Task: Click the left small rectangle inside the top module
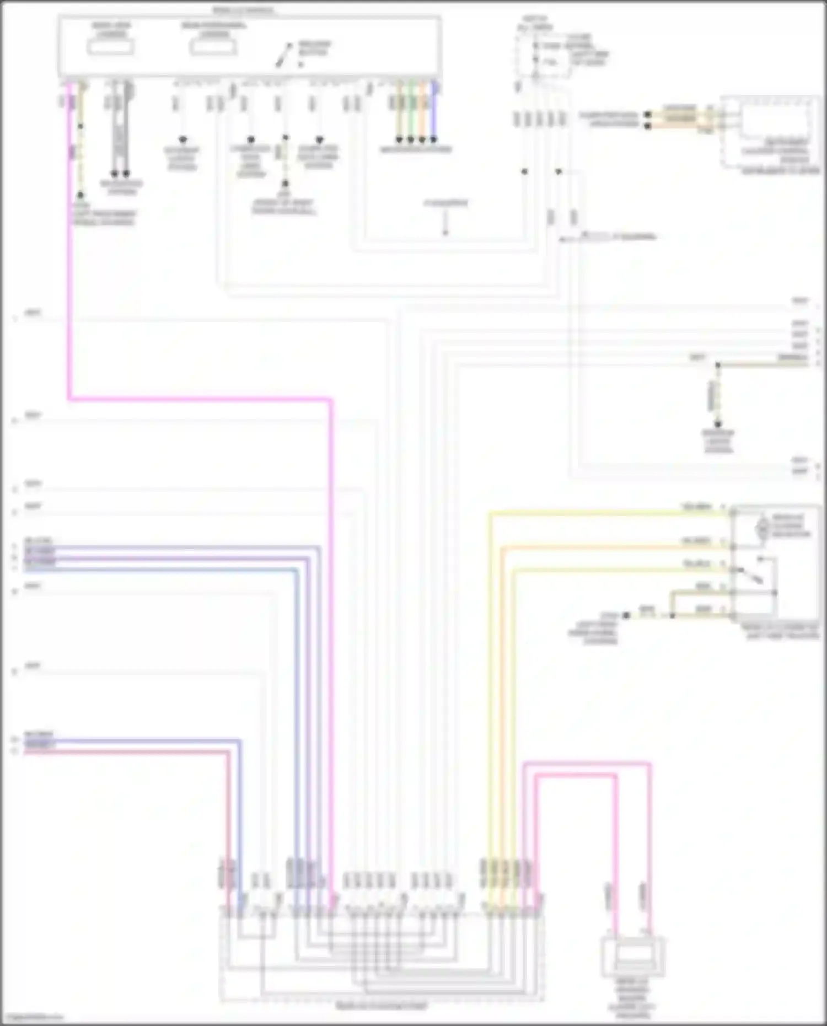pos(110,46)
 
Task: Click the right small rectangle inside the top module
pos(213,46)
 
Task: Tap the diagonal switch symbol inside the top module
pos(285,56)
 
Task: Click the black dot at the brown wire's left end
pos(626,615)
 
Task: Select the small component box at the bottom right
pos(632,957)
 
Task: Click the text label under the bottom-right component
pos(632,998)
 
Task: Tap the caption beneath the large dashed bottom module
pos(382,1007)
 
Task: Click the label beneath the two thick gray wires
pos(121,187)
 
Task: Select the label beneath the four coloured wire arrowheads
pos(416,150)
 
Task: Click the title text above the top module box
pos(243,10)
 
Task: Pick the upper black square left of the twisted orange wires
pos(648,115)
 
